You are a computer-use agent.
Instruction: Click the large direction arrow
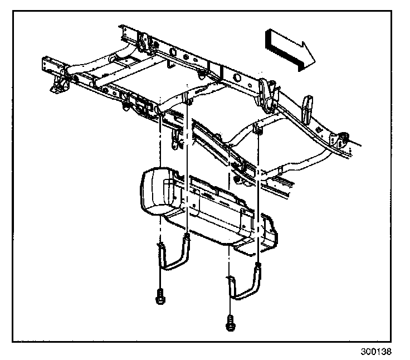tap(290, 50)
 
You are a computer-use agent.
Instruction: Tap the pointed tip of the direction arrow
tap(315, 62)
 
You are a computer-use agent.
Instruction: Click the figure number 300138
tap(376, 352)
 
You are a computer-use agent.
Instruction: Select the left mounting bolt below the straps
tap(160, 296)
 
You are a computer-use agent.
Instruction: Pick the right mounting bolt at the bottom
tap(230, 324)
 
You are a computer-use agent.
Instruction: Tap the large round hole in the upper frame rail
tap(236, 77)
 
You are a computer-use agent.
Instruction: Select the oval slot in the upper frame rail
tap(173, 51)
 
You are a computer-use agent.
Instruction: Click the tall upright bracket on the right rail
tap(307, 110)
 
